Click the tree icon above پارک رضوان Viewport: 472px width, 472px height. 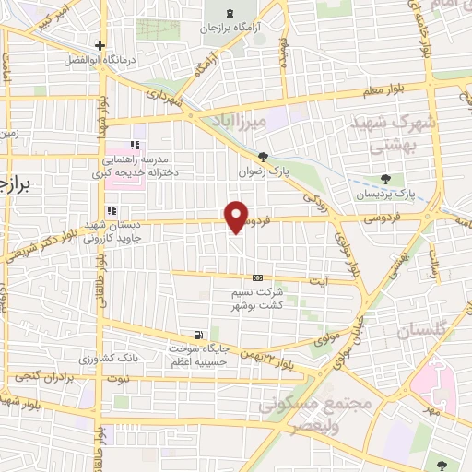pos(265,157)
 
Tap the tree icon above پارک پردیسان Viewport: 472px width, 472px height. pos(384,179)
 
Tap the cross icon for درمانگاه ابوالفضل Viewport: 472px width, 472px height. pos(100,45)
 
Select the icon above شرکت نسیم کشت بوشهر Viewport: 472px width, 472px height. pos(257,277)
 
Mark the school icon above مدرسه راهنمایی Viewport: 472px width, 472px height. pos(136,145)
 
